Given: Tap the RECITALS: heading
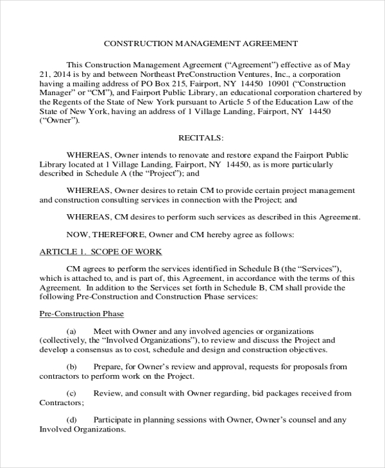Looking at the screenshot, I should point(200,138).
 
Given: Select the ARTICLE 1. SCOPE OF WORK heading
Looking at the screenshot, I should point(101,251).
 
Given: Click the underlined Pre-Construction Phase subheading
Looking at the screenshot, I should point(81,313).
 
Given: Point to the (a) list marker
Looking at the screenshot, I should point(72,330).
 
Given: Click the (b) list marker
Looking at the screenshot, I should point(72,367).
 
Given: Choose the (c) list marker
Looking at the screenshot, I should point(72,393).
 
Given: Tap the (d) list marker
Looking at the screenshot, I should point(72,420).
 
